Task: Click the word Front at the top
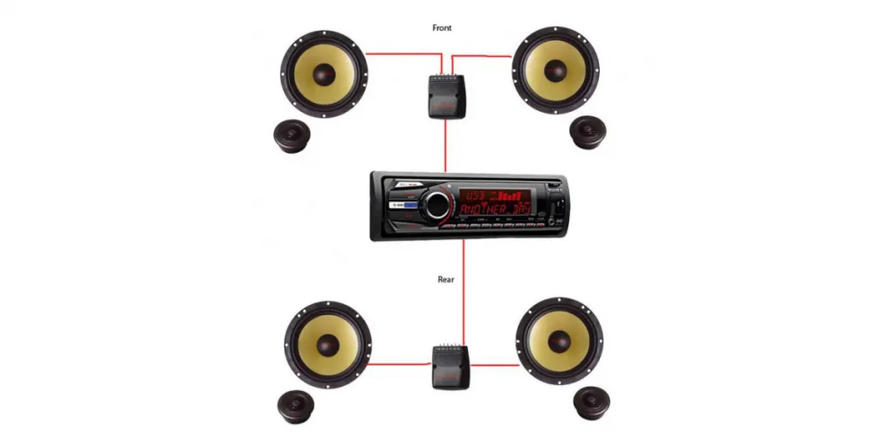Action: (443, 28)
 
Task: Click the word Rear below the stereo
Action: (445, 280)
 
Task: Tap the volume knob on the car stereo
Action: (434, 206)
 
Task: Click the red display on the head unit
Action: (495, 203)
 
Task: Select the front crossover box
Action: (446, 95)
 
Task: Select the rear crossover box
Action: (451, 367)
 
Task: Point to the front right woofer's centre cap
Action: (555, 71)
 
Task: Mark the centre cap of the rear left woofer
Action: (328, 343)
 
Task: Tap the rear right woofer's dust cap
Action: (559, 340)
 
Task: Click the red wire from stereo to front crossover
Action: (446, 144)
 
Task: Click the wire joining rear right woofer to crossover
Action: (495, 365)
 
